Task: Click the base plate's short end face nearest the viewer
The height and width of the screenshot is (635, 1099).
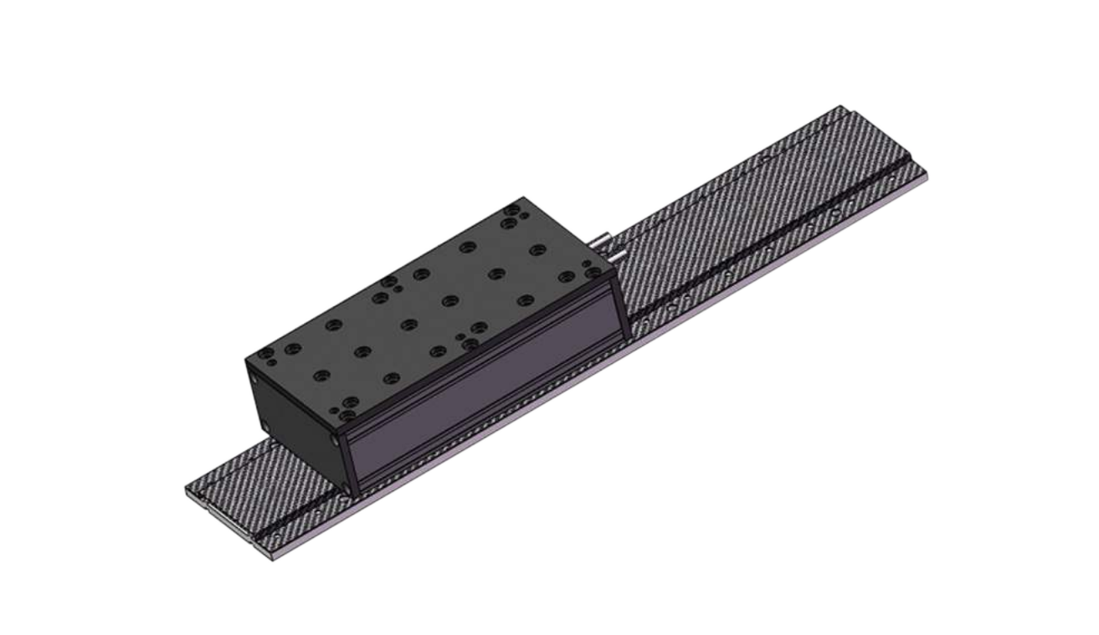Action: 226,526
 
